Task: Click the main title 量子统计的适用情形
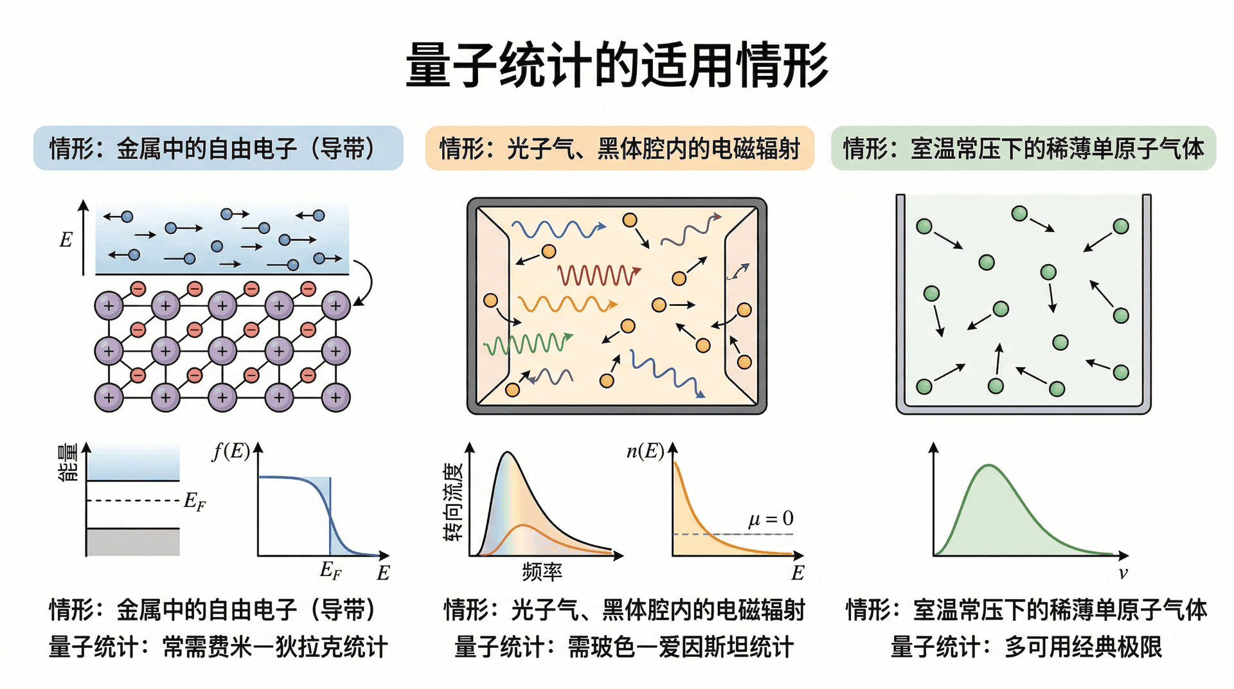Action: (617, 65)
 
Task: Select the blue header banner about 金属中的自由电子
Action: (219, 148)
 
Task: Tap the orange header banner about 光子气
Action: (620, 148)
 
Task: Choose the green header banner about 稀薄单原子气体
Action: (1023, 148)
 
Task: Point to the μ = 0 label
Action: (771, 519)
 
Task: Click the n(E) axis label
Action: (645, 451)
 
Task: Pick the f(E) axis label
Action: (231, 451)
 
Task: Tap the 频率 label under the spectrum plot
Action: (542, 571)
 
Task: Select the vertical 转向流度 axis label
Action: (453, 501)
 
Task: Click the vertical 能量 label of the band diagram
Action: (68, 462)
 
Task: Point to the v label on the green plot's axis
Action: (1123, 573)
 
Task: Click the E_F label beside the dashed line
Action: (195, 501)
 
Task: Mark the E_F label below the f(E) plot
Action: (331, 570)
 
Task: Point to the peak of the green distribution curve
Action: (989, 465)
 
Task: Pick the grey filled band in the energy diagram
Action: (133, 542)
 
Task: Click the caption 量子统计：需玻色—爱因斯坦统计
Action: (624, 647)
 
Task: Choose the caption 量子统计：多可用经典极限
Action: (1026, 647)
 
